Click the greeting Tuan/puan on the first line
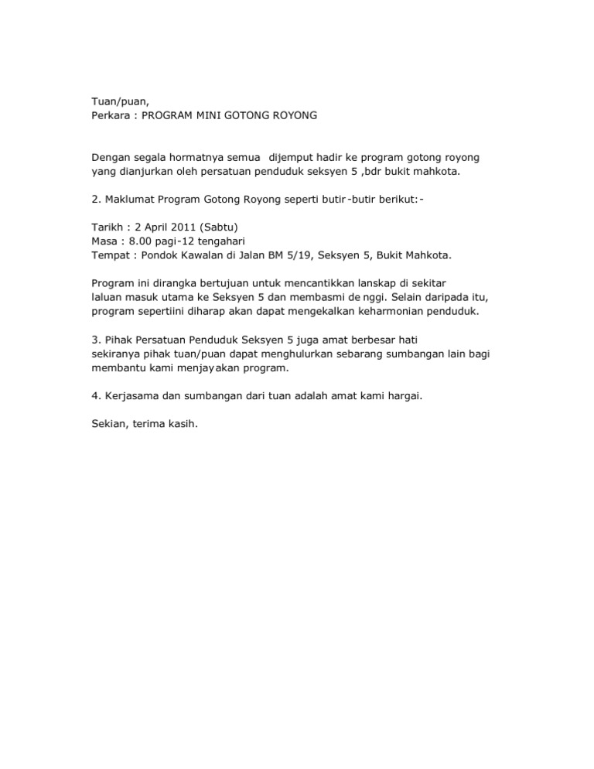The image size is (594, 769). point(117,101)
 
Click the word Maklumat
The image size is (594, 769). point(130,200)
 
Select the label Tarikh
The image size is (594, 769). point(108,227)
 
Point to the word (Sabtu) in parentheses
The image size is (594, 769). point(223,227)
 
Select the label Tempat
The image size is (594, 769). point(110,255)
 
